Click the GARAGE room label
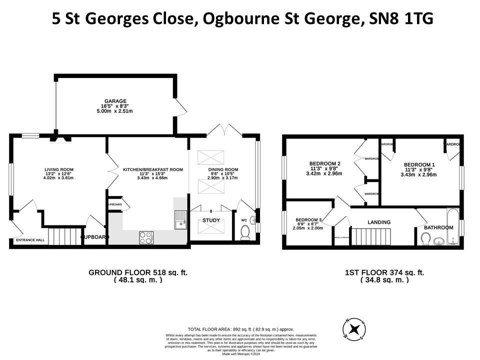point(115,101)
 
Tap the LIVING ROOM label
point(59,169)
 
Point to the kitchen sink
point(180,219)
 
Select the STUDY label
point(210,220)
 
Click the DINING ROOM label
point(223,169)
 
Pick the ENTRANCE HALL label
point(30,240)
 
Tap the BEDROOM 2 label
point(324,163)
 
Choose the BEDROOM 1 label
point(419,165)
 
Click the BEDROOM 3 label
point(308,220)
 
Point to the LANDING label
point(379,222)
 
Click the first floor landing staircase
point(372,236)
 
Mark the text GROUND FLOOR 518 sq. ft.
point(138,273)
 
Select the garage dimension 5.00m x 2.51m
point(115,111)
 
